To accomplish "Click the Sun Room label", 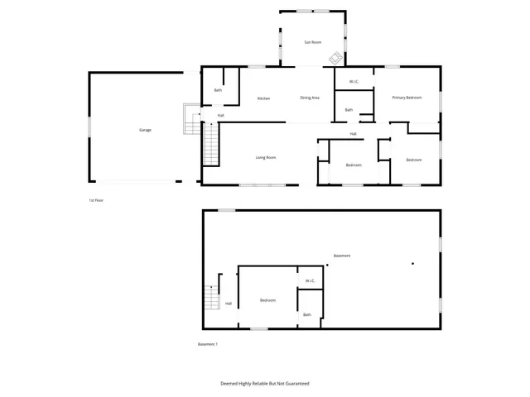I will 312,41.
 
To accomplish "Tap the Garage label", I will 145,130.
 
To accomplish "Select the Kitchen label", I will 263,98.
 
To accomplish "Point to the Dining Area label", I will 310,98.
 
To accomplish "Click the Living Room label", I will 265,157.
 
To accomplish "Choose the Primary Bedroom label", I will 407,98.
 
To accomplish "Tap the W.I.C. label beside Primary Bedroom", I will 354,81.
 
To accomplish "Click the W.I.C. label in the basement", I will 310,280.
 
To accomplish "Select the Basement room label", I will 341,256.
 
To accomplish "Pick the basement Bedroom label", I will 267,300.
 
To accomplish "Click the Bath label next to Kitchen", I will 218,90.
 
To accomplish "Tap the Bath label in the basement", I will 307,314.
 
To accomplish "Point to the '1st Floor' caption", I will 97,200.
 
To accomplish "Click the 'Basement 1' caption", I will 207,344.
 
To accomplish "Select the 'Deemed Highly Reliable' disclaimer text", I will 265,384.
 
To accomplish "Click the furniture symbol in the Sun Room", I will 335,58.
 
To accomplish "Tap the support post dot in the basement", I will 412,265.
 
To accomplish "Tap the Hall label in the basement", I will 229,304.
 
